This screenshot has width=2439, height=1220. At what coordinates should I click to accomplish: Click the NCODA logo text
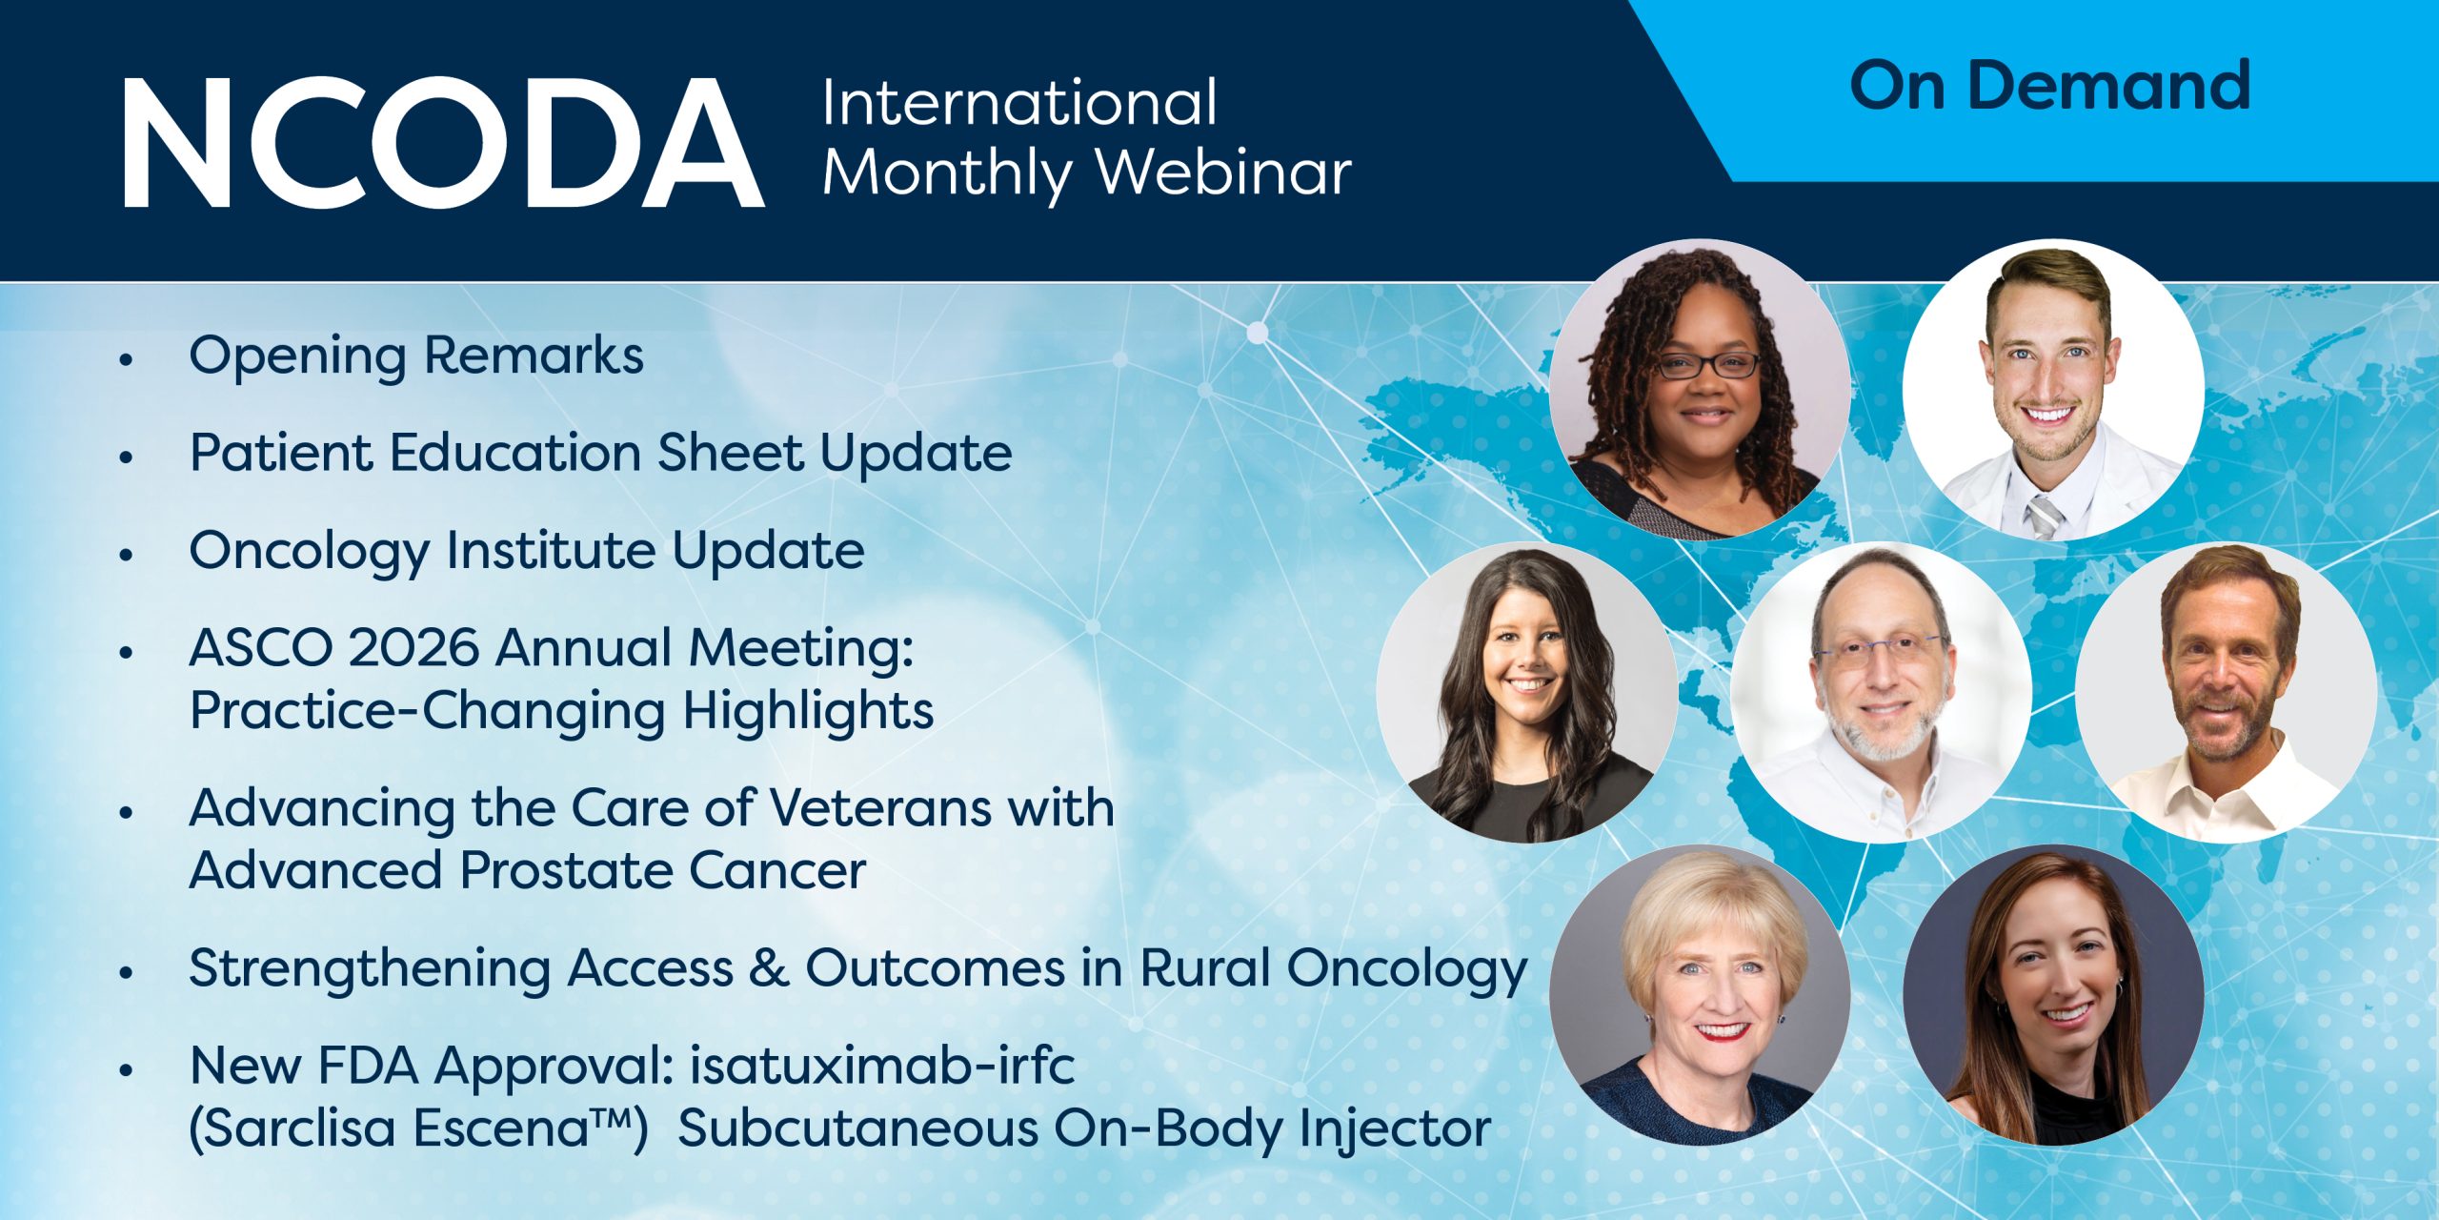(x=444, y=142)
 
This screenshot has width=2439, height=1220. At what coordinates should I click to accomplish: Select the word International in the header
(x=1019, y=102)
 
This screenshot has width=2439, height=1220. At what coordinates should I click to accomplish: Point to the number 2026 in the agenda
(x=413, y=648)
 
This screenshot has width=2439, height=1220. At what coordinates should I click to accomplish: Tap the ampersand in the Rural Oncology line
(x=770, y=968)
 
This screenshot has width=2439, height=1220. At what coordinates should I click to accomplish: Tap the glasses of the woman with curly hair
(x=1708, y=365)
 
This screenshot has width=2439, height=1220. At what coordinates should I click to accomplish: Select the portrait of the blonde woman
(x=1700, y=995)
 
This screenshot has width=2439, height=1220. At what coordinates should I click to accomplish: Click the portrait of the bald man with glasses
(x=1882, y=692)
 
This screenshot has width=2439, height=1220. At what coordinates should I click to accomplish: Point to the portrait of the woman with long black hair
(x=1527, y=692)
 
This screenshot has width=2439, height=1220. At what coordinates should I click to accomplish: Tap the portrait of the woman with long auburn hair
(x=2053, y=995)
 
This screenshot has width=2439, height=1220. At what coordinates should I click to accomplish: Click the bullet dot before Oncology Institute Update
(x=126, y=554)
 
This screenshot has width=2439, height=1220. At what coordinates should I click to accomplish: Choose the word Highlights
(x=808, y=714)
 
